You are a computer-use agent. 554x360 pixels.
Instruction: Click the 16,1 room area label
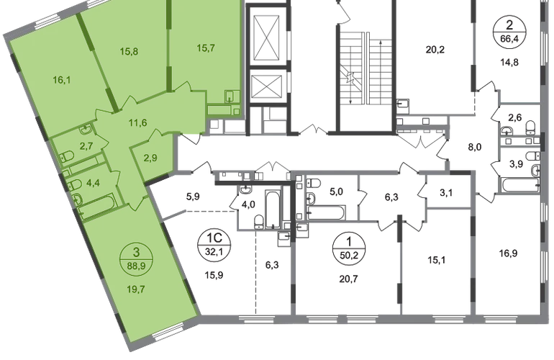click(62, 80)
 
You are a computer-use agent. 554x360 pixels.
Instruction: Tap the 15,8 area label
click(129, 52)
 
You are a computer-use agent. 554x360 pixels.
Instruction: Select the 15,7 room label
click(206, 48)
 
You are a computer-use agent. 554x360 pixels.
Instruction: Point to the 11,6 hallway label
click(137, 123)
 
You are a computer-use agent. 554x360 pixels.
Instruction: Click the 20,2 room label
click(435, 50)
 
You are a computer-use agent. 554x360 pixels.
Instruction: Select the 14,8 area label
click(509, 63)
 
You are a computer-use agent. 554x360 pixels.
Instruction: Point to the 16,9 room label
click(508, 253)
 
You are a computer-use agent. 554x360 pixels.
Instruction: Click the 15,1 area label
click(436, 261)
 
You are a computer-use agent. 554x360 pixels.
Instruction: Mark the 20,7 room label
click(348, 279)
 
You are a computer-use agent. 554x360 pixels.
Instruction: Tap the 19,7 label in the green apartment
click(136, 289)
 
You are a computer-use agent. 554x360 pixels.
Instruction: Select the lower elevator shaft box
click(268, 86)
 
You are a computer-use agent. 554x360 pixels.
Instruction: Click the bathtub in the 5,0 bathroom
click(325, 213)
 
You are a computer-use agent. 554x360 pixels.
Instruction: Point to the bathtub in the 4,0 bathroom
click(273, 210)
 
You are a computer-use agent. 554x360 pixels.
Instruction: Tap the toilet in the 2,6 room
click(530, 127)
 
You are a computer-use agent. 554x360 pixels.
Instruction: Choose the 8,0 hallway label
click(475, 147)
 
